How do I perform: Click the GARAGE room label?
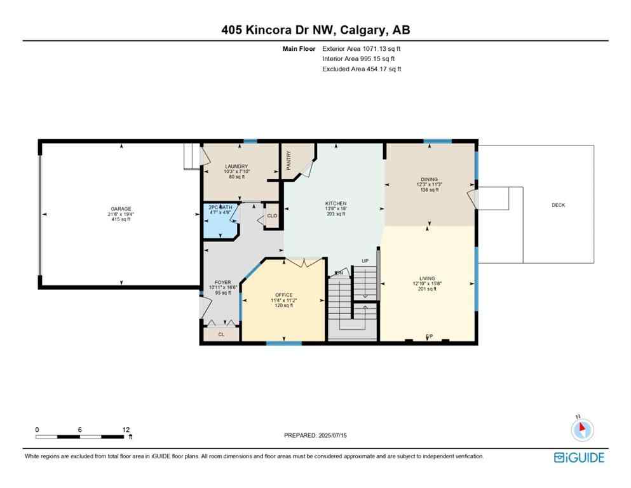[x=121, y=209]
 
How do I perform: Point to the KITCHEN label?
[x=335, y=204]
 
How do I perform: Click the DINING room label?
[x=429, y=179]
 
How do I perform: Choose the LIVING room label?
[x=427, y=278]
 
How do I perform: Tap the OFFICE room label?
[x=283, y=295]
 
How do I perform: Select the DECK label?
[x=558, y=205]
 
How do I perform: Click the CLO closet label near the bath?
[x=272, y=216]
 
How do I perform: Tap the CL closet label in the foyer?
[x=221, y=334]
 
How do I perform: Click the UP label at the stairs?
[x=365, y=261]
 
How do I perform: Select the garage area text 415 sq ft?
[x=121, y=219]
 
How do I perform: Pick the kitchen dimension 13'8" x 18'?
[x=335, y=209]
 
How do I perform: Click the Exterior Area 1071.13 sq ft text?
[x=362, y=48]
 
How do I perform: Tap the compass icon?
[x=581, y=430]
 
